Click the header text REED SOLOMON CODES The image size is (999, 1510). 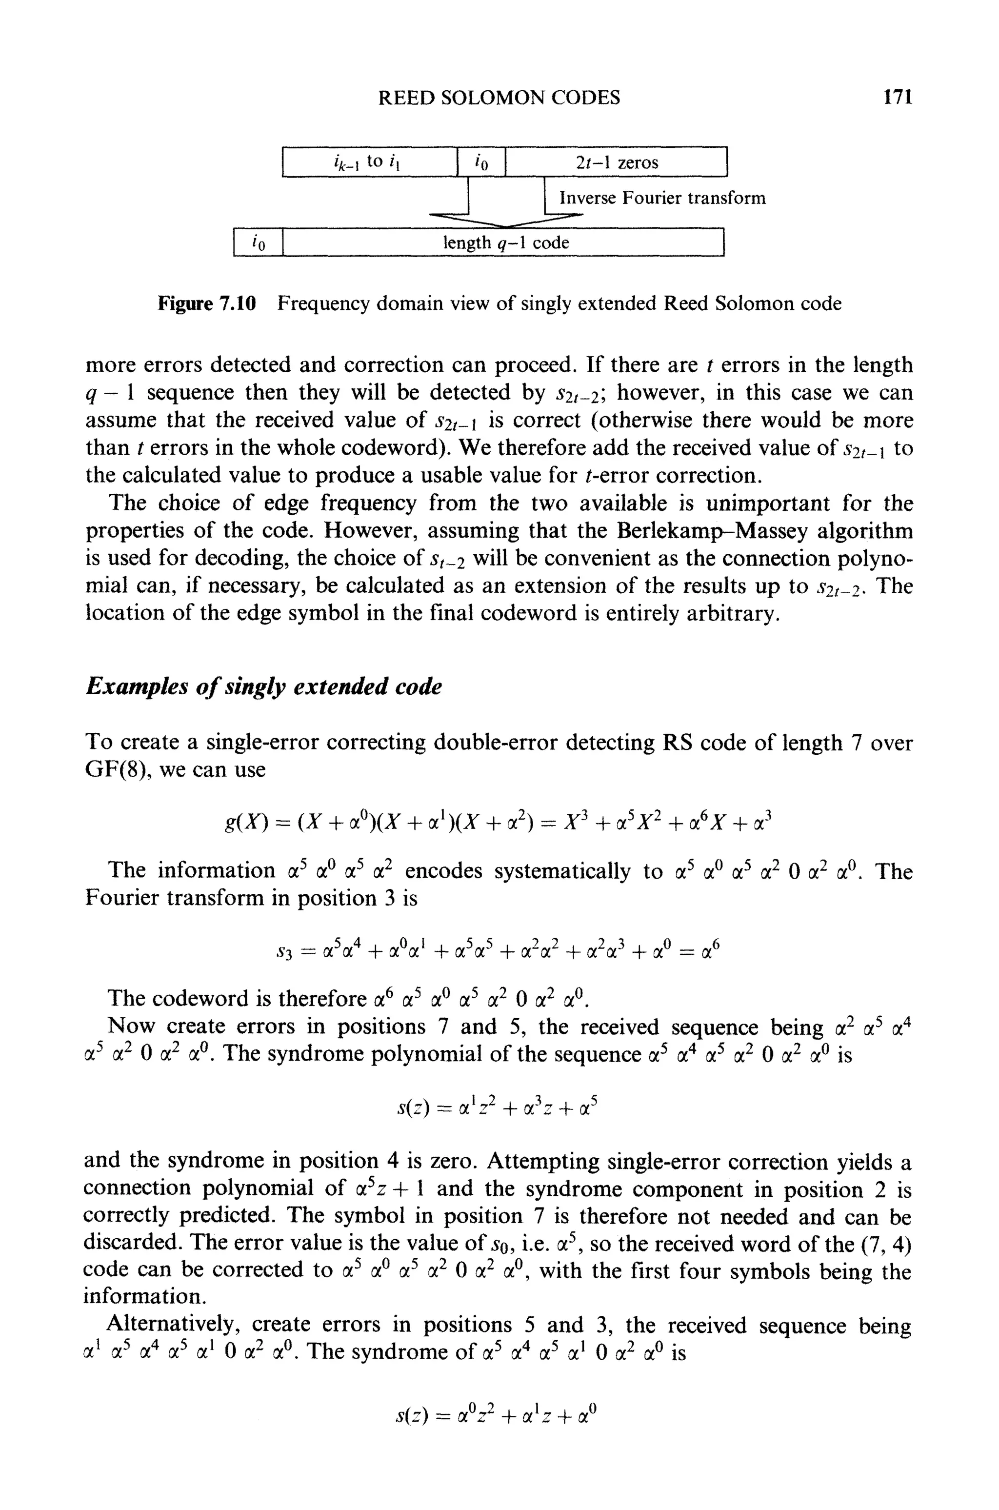(499, 97)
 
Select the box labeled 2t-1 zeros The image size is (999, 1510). (616, 162)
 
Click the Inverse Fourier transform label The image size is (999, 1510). (662, 198)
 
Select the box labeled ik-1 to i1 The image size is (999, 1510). (370, 162)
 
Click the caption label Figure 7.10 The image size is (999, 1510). (206, 303)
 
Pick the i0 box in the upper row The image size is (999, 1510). (481, 162)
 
